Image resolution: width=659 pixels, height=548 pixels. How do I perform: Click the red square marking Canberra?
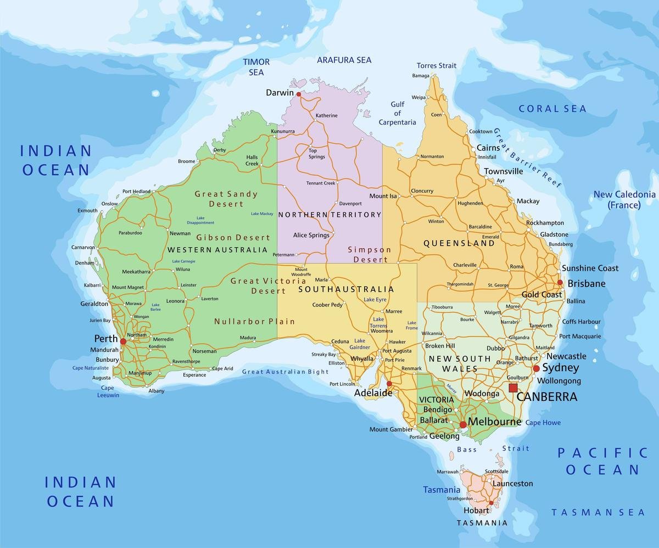tap(513, 388)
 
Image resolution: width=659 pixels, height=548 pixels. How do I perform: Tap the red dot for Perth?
tap(123, 342)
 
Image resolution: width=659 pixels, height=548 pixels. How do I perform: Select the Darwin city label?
tap(280, 93)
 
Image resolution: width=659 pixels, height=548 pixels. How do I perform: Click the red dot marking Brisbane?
tap(560, 283)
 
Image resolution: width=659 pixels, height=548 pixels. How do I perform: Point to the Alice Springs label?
tap(311, 235)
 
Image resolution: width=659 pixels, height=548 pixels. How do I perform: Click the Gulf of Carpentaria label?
tap(397, 113)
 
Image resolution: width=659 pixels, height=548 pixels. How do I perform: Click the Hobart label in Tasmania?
tap(476, 510)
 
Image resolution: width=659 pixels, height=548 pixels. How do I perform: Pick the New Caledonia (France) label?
tap(624, 199)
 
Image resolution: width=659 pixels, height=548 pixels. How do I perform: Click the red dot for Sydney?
tap(536, 368)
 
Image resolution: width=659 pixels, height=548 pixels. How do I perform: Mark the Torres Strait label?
tap(436, 65)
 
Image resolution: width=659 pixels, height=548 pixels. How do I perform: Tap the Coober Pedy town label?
tap(327, 305)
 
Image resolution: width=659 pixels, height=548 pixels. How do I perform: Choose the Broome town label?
tap(186, 161)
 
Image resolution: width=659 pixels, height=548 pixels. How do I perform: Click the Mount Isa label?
tap(383, 196)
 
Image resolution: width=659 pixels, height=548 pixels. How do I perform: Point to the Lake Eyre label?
tap(375, 299)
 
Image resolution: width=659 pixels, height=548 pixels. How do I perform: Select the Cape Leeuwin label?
tap(108, 391)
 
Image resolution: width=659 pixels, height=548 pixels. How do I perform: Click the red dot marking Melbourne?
tap(463, 424)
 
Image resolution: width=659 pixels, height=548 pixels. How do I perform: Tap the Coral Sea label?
tap(552, 109)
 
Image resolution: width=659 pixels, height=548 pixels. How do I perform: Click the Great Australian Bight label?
tap(285, 372)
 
